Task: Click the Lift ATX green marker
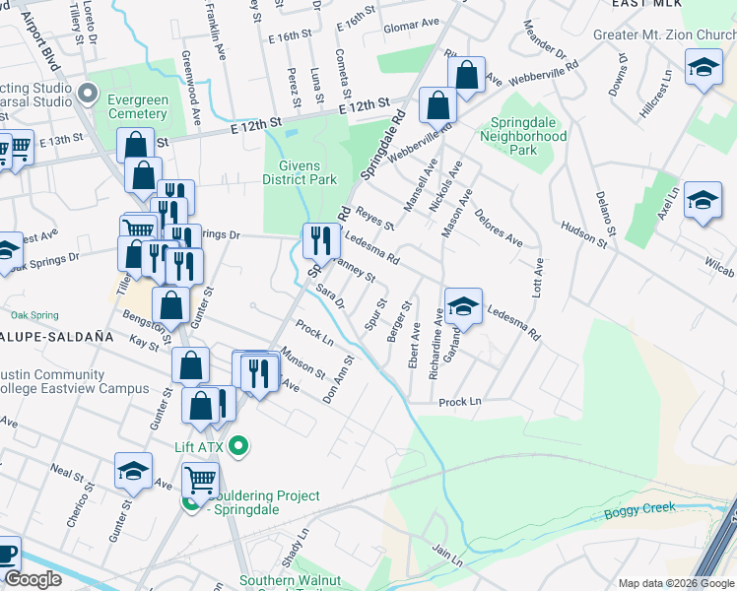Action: click(237, 448)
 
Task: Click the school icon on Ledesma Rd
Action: click(462, 306)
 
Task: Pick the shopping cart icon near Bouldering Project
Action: click(200, 481)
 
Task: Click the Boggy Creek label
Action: click(646, 508)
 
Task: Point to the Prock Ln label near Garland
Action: click(460, 402)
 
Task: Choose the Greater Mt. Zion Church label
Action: click(665, 35)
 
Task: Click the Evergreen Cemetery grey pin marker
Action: click(89, 95)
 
